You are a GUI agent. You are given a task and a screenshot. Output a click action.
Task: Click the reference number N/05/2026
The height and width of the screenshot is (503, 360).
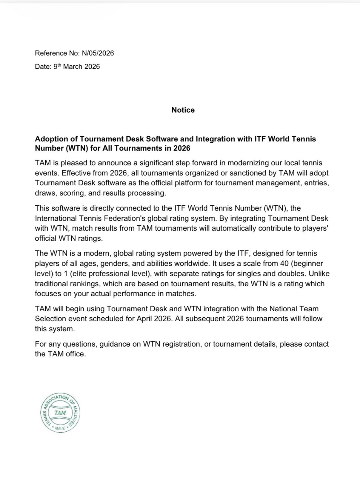click(98, 53)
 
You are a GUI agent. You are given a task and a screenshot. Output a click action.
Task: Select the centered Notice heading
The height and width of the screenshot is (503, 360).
click(183, 110)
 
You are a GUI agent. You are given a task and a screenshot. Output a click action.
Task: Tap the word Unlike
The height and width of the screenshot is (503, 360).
click(319, 274)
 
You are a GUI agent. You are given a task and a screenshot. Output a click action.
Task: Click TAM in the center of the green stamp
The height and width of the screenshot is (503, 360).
click(60, 413)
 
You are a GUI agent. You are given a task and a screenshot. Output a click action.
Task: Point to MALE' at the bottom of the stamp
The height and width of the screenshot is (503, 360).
click(60, 428)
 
